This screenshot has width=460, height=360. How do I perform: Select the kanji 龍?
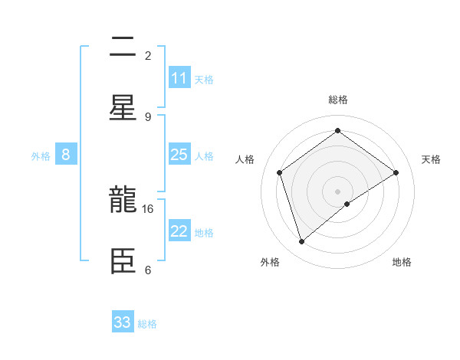[x=123, y=200]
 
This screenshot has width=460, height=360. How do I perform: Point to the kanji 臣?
[x=123, y=260]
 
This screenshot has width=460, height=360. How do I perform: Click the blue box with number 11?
[x=179, y=78]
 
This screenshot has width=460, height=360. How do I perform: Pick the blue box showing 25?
[x=179, y=155]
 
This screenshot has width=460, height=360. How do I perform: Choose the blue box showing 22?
[x=179, y=231]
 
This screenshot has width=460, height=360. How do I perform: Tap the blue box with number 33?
[x=123, y=322]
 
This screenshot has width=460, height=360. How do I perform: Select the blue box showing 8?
[x=66, y=155]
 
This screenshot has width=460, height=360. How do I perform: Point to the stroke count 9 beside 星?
[x=148, y=116]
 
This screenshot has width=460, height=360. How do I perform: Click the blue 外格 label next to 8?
[x=41, y=155]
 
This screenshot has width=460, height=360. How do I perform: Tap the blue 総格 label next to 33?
[x=147, y=324]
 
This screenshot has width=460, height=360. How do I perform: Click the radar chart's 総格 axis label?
[x=337, y=100]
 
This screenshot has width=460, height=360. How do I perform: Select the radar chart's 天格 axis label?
[x=431, y=159]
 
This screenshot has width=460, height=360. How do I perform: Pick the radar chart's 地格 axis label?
[x=402, y=262]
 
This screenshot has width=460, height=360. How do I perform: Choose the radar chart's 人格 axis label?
[x=245, y=159]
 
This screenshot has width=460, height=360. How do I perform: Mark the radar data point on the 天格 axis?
[x=396, y=172]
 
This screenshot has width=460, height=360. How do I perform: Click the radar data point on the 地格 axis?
[x=347, y=204]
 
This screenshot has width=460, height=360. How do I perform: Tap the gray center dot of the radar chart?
[x=337, y=191]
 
